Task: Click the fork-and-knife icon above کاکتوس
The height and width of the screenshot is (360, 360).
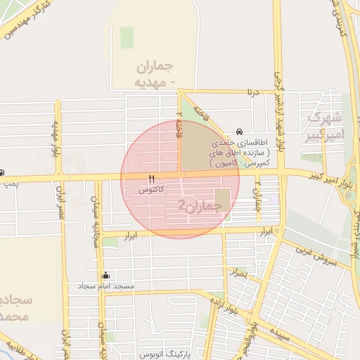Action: pos(151,178)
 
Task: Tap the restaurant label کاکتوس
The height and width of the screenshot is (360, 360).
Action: pos(152,190)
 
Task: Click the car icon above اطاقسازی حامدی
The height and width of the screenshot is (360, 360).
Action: pos(240,131)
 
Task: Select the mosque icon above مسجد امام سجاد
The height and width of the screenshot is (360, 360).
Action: pos(106,275)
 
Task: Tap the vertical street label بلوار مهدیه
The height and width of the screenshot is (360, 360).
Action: pos(55,139)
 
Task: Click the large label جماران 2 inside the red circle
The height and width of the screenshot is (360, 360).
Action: pos(200,205)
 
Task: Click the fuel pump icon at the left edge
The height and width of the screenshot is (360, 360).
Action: pos(3,173)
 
